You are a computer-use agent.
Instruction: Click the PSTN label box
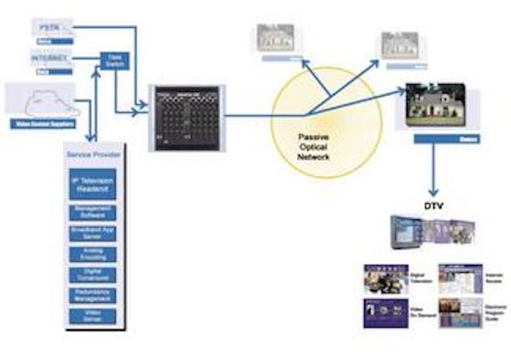click(53, 27)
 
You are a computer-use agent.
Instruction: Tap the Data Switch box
click(115, 60)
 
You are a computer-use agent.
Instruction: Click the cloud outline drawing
click(51, 103)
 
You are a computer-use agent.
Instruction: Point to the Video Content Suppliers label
click(43, 124)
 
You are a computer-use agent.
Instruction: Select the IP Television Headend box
click(93, 184)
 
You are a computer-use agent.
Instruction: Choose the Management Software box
click(93, 212)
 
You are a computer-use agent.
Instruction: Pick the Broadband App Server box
click(93, 234)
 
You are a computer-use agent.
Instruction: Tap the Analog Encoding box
click(93, 254)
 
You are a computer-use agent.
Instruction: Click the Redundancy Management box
click(93, 295)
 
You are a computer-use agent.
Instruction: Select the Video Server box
click(93, 315)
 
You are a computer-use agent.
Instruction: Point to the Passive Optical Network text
click(314, 147)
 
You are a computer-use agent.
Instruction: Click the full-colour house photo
click(435, 104)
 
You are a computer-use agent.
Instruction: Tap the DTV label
click(434, 206)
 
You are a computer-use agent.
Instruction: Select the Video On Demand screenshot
click(385, 313)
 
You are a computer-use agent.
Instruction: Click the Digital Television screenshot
click(385, 279)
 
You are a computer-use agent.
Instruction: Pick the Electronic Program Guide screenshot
click(460, 313)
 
